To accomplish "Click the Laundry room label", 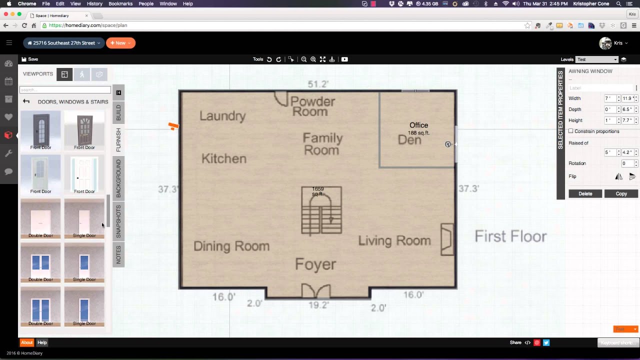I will (x=222, y=116).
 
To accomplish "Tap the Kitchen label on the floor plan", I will (x=223, y=159).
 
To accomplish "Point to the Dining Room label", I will (x=231, y=246).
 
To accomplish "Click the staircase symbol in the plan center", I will (x=321, y=210).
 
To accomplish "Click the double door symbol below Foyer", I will (x=315, y=291).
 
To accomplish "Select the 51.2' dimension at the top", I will (x=318, y=84).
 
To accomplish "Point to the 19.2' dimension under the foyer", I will (x=318, y=304).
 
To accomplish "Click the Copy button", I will (x=621, y=193).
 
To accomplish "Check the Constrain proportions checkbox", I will (x=571, y=131).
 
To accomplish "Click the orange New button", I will (x=120, y=43).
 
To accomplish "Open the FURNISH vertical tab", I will (x=118, y=140).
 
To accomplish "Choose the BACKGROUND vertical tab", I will (x=118, y=178).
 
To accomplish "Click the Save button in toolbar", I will (x=30, y=59).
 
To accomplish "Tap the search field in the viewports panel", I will (x=65, y=90).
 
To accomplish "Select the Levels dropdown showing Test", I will (x=597, y=59).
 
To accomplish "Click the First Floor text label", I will (x=510, y=236).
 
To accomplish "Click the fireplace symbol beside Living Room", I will (x=446, y=239).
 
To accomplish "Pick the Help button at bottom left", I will (x=42, y=342).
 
